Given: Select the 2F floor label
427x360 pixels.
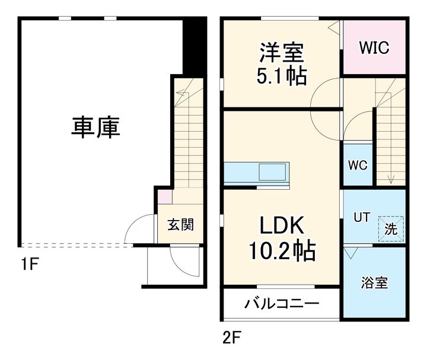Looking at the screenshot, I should [x=232, y=339].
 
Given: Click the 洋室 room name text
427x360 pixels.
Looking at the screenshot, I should [x=282, y=53].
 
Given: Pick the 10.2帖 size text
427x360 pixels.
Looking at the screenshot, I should [x=281, y=251].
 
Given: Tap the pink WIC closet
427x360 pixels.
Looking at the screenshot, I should [x=375, y=48].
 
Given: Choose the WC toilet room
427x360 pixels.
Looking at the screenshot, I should [x=358, y=165].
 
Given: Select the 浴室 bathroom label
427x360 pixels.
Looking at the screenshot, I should [x=375, y=282].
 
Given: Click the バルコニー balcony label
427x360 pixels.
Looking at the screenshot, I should [x=282, y=304].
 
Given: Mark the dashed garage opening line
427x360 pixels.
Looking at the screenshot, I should [x=77, y=245].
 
